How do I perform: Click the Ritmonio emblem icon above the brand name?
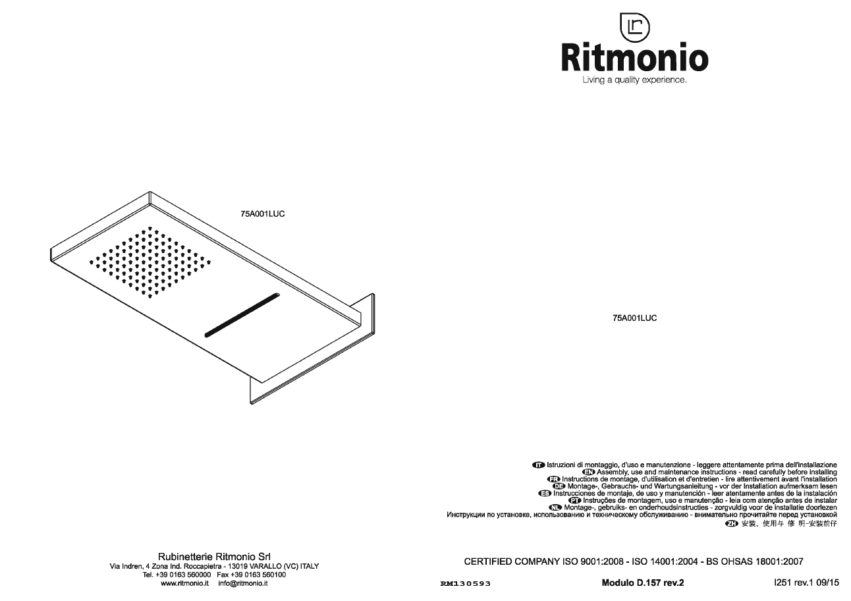pyautogui.click(x=634, y=28)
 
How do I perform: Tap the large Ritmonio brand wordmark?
pyautogui.click(x=634, y=57)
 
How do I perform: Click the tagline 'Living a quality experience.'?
pyautogui.click(x=634, y=80)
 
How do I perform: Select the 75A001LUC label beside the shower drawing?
pyautogui.click(x=263, y=214)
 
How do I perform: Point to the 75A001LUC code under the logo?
pyautogui.click(x=634, y=318)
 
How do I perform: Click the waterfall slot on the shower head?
pyautogui.click(x=242, y=315)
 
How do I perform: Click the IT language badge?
pyautogui.click(x=538, y=465)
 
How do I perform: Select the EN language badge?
pyautogui.click(x=588, y=472)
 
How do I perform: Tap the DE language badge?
pyautogui.click(x=559, y=486)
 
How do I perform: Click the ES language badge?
pyautogui.click(x=545, y=494)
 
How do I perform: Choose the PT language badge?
pyautogui.click(x=575, y=501)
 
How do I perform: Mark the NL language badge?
pyautogui.click(x=555, y=507)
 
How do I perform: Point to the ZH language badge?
pyautogui.click(x=732, y=524)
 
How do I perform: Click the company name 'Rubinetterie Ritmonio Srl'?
pyautogui.click(x=214, y=557)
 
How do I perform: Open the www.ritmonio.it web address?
pyautogui.click(x=184, y=583)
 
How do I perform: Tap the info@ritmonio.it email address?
pyautogui.click(x=243, y=583)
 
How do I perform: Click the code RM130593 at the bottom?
pyautogui.click(x=466, y=583)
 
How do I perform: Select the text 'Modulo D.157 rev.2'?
pyautogui.click(x=643, y=583)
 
